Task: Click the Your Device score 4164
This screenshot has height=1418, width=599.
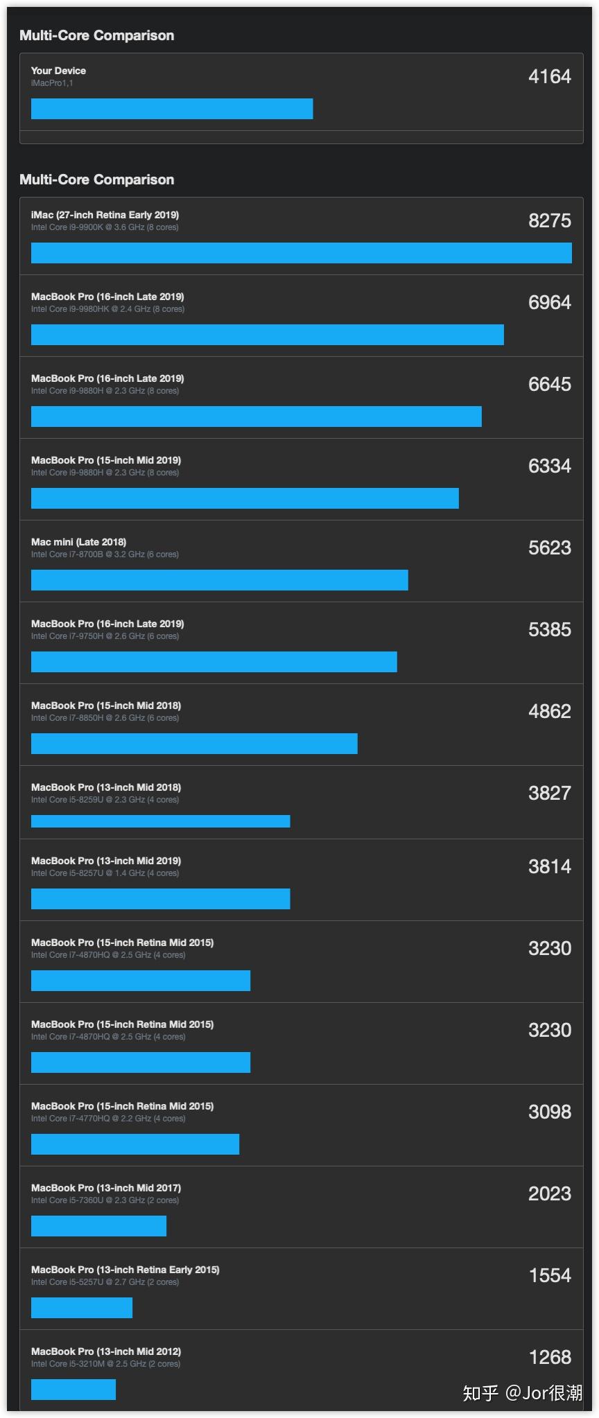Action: (549, 77)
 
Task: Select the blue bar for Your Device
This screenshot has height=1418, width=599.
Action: (172, 109)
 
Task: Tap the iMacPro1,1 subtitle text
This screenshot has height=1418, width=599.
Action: (52, 83)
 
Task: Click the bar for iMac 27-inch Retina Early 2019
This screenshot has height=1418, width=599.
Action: (302, 253)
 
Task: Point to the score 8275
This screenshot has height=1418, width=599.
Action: (549, 221)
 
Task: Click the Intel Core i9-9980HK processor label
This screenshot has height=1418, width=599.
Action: (107, 309)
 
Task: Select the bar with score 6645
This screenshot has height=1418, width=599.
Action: (257, 417)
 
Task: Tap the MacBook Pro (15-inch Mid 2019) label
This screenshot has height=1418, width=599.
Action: (106, 460)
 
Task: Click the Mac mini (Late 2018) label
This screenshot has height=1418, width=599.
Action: (78, 542)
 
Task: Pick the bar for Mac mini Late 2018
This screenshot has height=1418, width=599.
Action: (220, 580)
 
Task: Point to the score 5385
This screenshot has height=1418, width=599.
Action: (549, 630)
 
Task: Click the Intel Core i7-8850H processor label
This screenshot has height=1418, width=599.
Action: (105, 718)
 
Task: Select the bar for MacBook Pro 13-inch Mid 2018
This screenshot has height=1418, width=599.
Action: (161, 821)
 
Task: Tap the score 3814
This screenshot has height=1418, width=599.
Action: (549, 867)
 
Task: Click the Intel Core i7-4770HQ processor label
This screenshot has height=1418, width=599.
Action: (108, 1119)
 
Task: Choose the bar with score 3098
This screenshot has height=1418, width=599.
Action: (135, 1144)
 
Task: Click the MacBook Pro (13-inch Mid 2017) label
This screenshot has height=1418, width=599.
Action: (106, 1188)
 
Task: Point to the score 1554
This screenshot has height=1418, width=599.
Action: (549, 1276)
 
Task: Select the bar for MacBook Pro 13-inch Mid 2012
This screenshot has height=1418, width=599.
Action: (73, 1390)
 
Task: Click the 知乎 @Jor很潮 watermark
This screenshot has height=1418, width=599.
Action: (523, 1392)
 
